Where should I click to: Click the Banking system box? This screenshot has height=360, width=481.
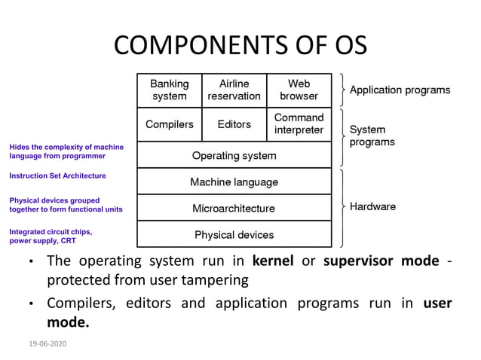[x=170, y=90]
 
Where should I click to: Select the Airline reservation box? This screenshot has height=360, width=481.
[x=234, y=90]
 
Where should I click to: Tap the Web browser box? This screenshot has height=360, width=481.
[x=299, y=90]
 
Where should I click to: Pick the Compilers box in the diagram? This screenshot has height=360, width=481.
[x=170, y=124]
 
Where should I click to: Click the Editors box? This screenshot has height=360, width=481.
[x=234, y=124]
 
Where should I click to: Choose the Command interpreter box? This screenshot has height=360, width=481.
[x=299, y=124]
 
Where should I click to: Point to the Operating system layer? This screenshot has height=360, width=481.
[x=234, y=156]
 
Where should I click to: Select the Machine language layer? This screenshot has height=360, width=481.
[x=234, y=182]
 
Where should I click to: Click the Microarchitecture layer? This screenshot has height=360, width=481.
[x=234, y=209]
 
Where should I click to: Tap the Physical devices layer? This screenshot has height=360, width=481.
[x=234, y=235]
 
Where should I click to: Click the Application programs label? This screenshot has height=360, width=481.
[x=400, y=90]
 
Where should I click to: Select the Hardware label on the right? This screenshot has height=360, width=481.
[x=372, y=207]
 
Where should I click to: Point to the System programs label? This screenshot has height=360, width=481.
[x=372, y=136]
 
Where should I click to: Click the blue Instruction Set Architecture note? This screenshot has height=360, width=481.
[x=57, y=175]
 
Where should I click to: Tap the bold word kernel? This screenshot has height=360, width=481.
[x=273, y=261]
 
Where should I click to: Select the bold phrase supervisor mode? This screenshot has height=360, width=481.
[x=381, y=261]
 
